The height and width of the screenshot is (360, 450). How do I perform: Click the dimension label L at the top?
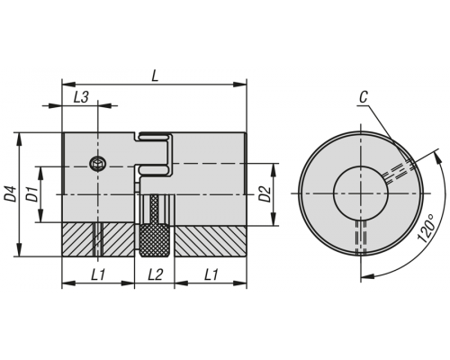[x=155, y=76]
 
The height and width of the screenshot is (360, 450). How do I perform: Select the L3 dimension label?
[x=81, y=97]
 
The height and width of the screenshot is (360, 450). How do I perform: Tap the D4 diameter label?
[x=11, y=193]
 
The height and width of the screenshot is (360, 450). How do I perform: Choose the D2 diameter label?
[x=265, y=194]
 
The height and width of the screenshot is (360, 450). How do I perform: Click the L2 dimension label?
[x=155, y=274]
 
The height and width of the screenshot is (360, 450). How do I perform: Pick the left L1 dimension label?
[x=98, y=274]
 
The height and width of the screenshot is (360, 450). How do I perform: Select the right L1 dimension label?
[x=211, y=274]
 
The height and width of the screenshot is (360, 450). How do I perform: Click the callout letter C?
[x=364, y=97]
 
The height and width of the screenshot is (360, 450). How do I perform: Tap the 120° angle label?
[x=426, y=228]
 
